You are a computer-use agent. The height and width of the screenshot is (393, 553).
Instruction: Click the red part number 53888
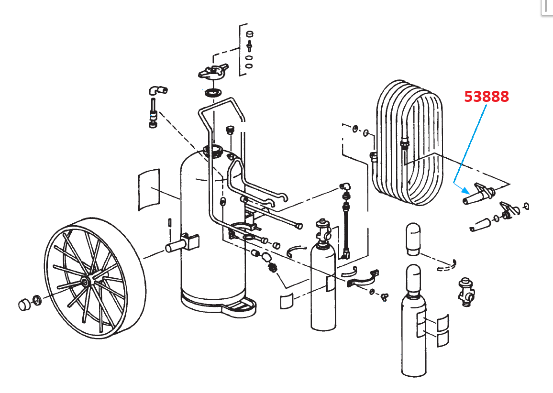(x=487, y=97)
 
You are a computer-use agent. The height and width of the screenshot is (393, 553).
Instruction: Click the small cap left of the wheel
(x=24, y=304)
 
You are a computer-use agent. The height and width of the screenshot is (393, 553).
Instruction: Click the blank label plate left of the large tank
(x=148, y=189)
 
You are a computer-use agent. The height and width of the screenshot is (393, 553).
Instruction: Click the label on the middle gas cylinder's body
(x=331, y=284)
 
